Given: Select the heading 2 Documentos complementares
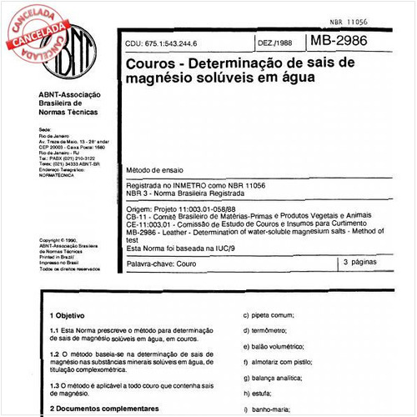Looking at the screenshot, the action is [x=103, y=408].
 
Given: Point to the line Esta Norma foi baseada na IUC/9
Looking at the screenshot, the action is [x=182, y=249].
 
